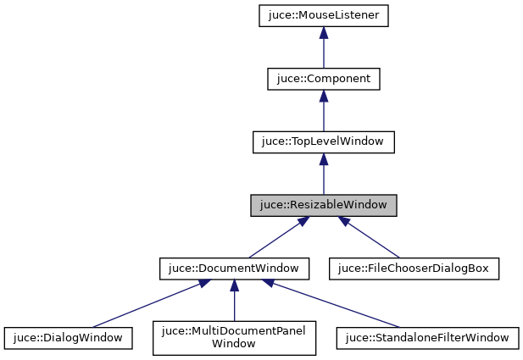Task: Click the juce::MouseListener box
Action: coord(323,15)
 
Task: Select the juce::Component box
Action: coord(323,79)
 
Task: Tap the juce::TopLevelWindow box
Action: coord(323,142)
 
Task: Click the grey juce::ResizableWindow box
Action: coord(323,206)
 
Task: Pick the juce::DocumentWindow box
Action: coord(233,269)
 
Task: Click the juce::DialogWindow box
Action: coord(68,338)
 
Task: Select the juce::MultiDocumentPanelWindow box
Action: coord(233,338)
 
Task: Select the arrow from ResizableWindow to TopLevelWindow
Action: coord(323,176)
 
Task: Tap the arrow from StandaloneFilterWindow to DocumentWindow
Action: coord(331,304)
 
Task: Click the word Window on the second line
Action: coord(233,345)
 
